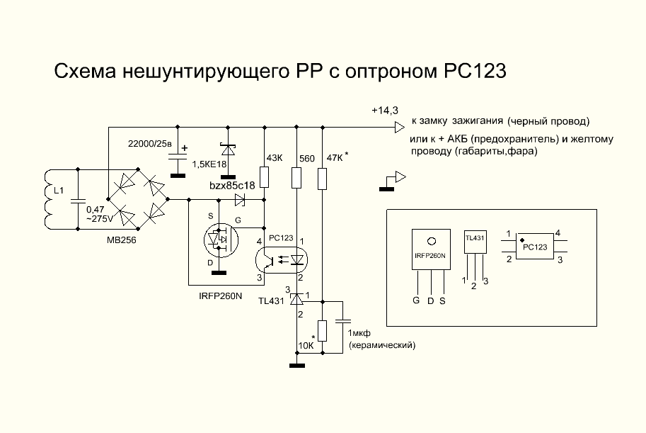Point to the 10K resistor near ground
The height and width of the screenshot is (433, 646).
point(323,331)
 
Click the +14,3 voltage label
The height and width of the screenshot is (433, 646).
point(385,111)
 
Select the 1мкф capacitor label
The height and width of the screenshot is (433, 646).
point(365,333)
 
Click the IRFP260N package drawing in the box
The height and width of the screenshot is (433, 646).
point(429,255)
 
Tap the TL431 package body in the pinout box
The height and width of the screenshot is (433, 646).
point(475,245)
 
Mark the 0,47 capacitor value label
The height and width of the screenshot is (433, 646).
point(95,210)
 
